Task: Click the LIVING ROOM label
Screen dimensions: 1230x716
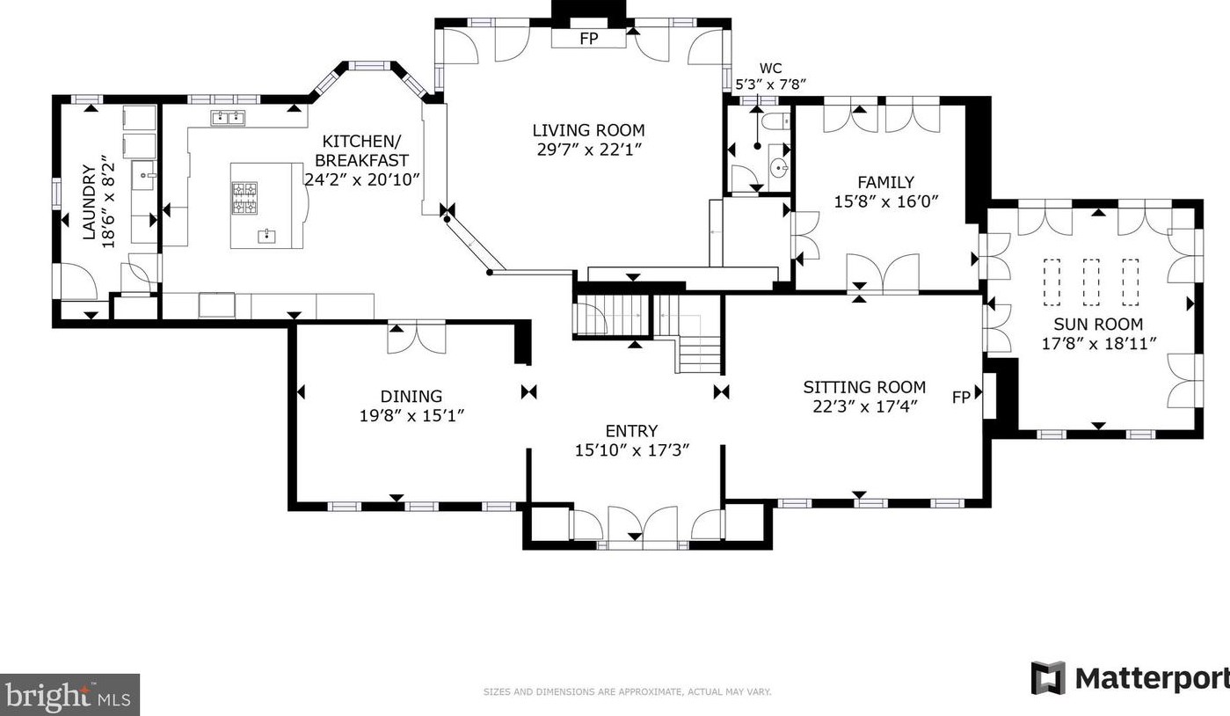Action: [x=588, y=130]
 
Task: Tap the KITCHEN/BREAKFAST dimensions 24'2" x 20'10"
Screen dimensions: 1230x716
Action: [x=362, y=179]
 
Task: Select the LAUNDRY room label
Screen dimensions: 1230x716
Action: [x=89, y=202]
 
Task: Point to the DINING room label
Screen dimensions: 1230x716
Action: [x=411, y=396]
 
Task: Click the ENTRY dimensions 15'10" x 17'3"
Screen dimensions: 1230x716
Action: [x=631, y=450]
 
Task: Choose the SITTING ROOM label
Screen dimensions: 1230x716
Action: [x=864, y=387]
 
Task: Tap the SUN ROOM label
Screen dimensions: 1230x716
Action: [x=1098, y=325]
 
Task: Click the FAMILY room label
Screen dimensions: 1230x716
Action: [x=885, y=182]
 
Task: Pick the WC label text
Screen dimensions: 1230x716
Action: [x=770, y=68]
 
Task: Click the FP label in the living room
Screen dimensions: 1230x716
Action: [x=589, y=39]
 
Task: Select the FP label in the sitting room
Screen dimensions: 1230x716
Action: [x=960, y=398]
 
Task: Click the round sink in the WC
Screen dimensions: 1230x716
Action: [x=779, y=168]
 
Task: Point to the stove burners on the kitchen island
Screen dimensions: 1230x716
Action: [x=244, y=199]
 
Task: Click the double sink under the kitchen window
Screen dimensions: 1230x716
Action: [x=228, y=118]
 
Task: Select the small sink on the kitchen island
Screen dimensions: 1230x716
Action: [x=267, y=237]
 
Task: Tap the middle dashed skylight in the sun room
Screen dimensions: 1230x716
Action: [x=1091, y=282]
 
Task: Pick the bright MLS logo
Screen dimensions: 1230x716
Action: [x=69, y=695]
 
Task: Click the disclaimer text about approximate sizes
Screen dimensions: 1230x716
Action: [x=627, y=692]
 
